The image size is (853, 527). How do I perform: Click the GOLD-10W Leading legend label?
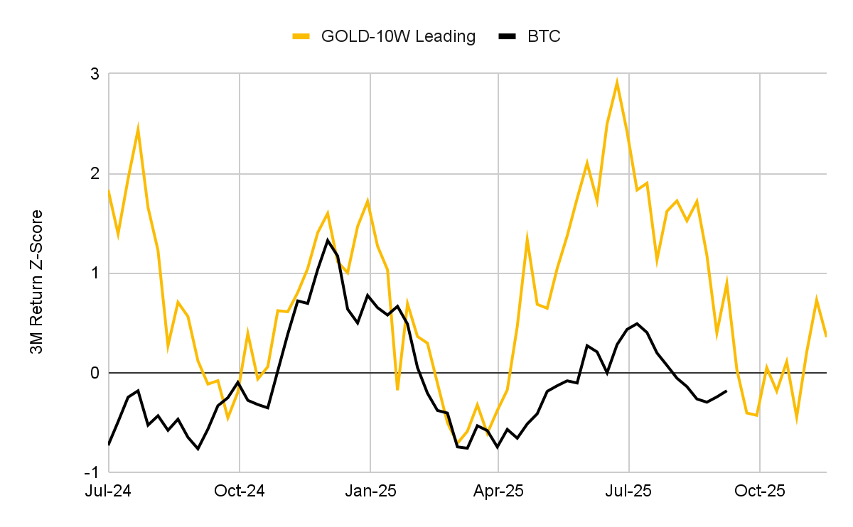(x=398, y=37)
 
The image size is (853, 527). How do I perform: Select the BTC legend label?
(x=544, y=37)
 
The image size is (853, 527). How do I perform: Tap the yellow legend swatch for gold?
(x=301, y=37)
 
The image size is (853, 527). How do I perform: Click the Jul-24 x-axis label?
(x=108, y=491)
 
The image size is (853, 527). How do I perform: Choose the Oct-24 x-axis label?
(x=240, y=491)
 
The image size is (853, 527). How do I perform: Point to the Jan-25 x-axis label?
(x=370, y=491)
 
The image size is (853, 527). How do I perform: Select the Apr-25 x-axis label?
(x=498, y=491)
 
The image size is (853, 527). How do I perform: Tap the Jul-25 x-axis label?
(x=629, y=491)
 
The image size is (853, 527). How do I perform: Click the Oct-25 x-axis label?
(x=760, y=491)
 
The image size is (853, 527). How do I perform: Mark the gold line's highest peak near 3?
(x=617, y=82)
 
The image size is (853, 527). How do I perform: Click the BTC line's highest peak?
(x=328, y=239)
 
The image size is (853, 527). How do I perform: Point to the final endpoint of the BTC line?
(x=726, y=391)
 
